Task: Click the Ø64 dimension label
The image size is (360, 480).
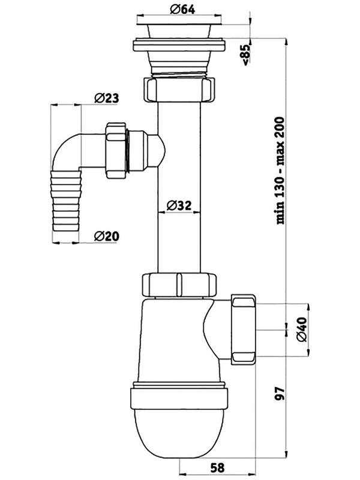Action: point(183,9)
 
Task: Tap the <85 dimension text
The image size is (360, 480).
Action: point(247,55)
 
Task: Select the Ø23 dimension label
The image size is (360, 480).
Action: point(107,98)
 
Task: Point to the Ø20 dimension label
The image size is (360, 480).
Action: point(107,236)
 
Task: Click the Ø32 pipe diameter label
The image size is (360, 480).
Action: point(179,205)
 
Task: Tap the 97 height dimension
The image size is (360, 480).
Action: point(280,393)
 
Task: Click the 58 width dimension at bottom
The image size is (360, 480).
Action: point(217,467)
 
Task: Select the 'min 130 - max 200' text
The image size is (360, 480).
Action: point(280,170)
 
